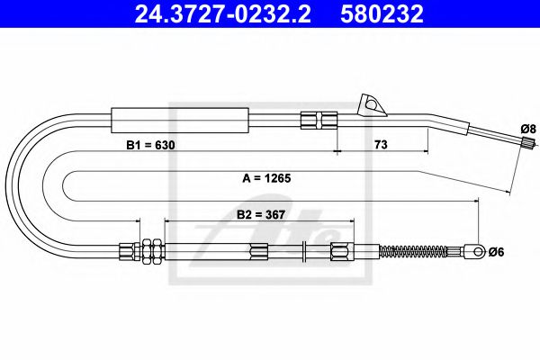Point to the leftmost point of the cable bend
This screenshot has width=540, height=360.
[x=10, y=180]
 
